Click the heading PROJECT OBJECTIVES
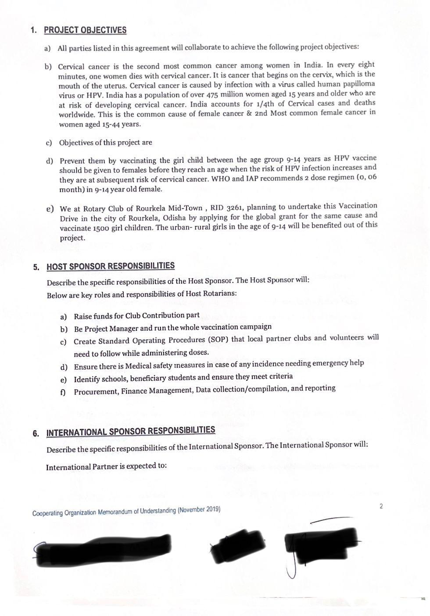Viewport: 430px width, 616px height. [x=85, y=30]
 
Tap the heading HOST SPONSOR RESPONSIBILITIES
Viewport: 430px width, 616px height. [x=111, y=266]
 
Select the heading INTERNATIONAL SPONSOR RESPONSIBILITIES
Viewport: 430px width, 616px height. [x=131, y=431]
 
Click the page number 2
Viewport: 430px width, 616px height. [x=381, y=506]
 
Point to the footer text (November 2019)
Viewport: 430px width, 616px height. [x=199, y=510]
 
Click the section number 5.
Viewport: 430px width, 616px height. [x=36, y=267]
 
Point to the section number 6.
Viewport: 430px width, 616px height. [x=36, y=433]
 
